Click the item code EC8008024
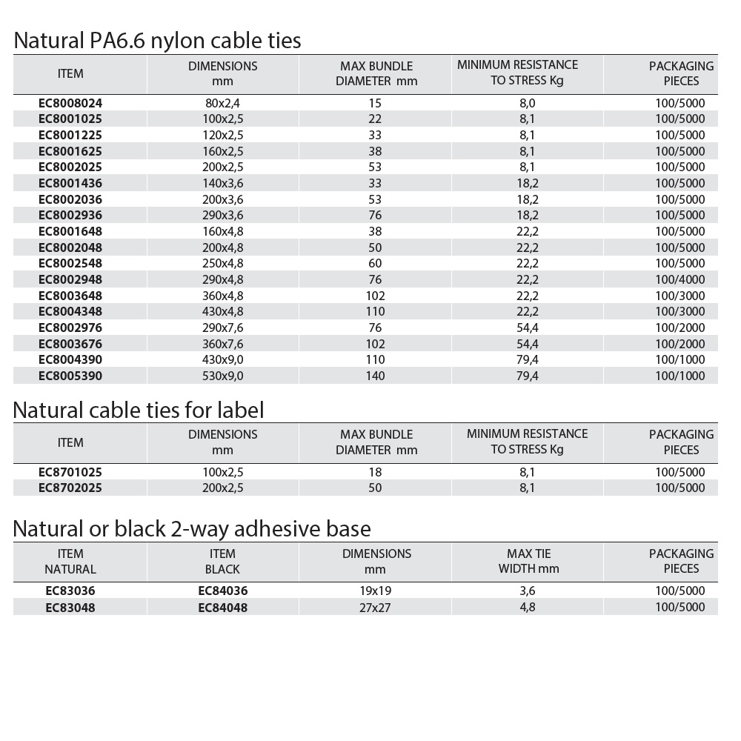point(70,103)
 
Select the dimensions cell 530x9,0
point(223,376)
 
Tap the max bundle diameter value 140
point(375,376)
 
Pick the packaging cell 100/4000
point(680,279)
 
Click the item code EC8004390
point(70,359)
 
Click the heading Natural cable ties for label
point(139,409)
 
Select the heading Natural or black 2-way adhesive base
point(192,528)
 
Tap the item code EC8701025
point(70,472)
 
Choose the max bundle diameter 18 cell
point(375,472)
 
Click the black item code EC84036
point(222,591)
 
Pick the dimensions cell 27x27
point(375,607)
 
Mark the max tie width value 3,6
point(528,591)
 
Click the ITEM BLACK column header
point(222,561)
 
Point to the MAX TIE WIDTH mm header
point(528,561)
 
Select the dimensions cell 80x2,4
point(223,103)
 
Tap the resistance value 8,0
point(528,103)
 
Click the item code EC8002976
point(70,328)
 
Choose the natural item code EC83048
point(70,607)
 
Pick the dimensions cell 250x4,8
point(223,263)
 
